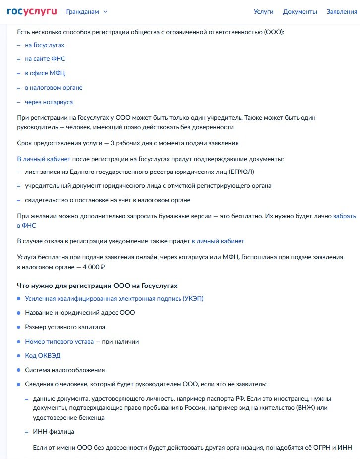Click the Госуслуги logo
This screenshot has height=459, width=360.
(x=32, y=11)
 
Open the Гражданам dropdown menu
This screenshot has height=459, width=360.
(x=86, y=12)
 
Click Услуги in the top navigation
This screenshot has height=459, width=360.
(x=263, y=12)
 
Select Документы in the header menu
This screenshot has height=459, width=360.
(x=300, y=12)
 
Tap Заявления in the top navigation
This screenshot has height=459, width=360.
(x=342, y=12)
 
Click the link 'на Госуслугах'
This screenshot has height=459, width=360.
(x=45, y=45)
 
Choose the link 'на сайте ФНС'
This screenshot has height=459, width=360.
(x=45, y=59)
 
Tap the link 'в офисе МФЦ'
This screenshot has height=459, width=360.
(x=45, y=73)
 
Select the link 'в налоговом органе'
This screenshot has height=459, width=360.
(x=54, y=88)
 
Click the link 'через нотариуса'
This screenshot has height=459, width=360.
(x=49, y=102)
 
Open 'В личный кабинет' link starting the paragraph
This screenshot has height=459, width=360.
(x=44, y=159)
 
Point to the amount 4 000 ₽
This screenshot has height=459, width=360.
(x=91, y=267)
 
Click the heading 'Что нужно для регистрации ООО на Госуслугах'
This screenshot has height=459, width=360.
(x=97, y=286)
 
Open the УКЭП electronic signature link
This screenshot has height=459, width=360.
(x=114, y=299)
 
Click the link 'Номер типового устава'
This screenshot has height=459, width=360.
(x=59, y=342)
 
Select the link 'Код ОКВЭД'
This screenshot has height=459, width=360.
(x=43, y=356)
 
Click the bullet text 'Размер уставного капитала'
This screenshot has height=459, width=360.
(x=65, y=327)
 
